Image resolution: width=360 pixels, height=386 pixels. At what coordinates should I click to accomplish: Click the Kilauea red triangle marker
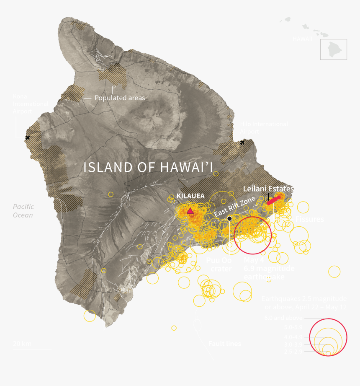190,211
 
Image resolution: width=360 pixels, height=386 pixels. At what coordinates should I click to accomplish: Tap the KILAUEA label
190,196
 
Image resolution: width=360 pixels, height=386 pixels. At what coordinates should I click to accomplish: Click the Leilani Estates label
268,189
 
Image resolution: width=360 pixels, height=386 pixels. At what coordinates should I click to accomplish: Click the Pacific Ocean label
23,211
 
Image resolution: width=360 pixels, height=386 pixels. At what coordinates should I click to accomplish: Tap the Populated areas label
120,98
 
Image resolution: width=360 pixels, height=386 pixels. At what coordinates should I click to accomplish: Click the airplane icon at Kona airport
28,137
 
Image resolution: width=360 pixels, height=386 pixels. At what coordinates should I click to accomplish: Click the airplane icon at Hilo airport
242,142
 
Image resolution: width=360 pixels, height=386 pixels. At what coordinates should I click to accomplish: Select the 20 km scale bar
32,349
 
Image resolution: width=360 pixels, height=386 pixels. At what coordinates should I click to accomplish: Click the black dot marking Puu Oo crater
229,218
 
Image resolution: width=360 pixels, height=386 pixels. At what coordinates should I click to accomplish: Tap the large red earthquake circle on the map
252,235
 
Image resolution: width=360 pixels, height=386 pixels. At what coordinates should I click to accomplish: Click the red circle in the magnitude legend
329,337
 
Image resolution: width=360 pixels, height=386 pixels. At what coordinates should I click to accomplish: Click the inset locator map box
334,49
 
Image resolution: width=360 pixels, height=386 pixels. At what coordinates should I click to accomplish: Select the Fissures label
309,219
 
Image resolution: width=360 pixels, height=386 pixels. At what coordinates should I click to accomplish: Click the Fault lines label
225,344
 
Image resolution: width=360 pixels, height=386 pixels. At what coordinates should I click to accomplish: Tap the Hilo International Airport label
264,128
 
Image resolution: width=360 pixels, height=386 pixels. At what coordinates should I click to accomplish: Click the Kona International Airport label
30,104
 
